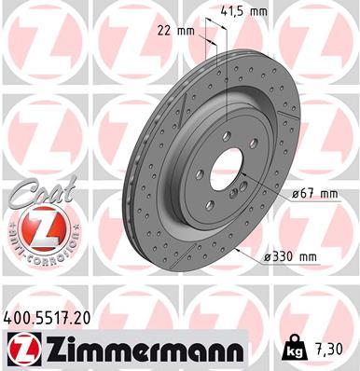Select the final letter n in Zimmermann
point(235,350)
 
